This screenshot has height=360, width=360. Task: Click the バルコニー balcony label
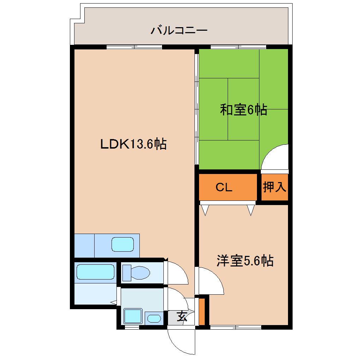pos(179,30)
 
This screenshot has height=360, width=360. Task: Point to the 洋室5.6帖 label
pos(245,261)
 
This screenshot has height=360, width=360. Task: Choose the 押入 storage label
pos(275,187)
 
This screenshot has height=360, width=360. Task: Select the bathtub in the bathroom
pos(95,272)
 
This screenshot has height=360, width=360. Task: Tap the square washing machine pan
pos(133,316)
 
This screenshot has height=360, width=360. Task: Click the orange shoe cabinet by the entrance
pos(202,312)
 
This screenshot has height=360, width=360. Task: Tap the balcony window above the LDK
pos(134,47)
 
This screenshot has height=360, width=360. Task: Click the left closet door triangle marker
pos(205,210)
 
